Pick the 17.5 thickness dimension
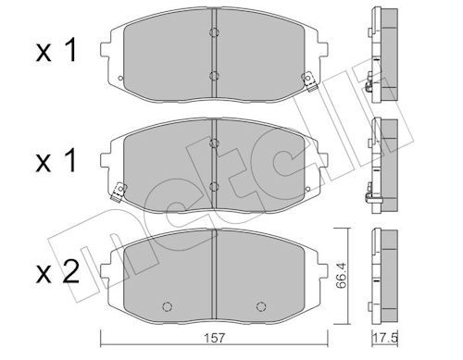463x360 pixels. point(382,337)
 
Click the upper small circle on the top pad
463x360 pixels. point(214,34)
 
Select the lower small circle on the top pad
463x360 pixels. point(214,76)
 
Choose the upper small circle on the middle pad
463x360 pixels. point(214,143)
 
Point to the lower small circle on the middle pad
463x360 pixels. point(214,184)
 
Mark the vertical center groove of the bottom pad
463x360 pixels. point(214,268)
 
